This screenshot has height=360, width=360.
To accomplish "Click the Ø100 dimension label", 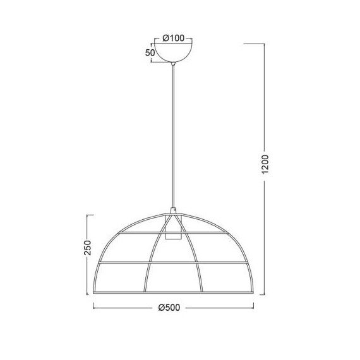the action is pos(173,38).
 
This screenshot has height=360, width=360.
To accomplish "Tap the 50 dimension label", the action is pos(150,53).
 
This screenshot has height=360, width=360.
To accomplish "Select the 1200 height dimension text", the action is pos(265,164).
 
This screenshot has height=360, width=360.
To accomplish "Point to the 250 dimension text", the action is pos(88,248).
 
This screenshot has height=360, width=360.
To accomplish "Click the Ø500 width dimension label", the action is pos(169,308).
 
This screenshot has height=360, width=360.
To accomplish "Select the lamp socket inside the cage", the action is pos(173,227).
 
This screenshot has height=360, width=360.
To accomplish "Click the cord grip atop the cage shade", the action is pos(173,211).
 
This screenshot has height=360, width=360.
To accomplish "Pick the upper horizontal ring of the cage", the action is pos(173,233).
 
